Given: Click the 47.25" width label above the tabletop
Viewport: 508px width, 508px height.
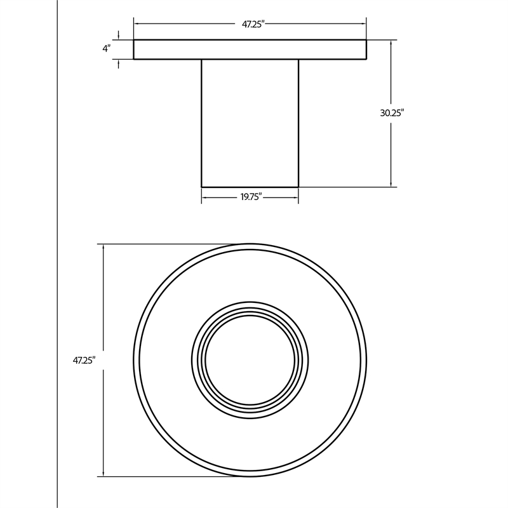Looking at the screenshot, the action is [253, 24].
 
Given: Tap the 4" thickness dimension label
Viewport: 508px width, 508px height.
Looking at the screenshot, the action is [107, 49].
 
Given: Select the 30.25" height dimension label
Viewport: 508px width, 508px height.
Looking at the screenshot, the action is [392, 113].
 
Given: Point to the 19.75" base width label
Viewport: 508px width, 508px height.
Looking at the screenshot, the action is [251, 197].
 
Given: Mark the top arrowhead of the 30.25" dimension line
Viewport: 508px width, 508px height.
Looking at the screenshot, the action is [391, 43].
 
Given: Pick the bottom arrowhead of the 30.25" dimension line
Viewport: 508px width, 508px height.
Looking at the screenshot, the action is [391, 184].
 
